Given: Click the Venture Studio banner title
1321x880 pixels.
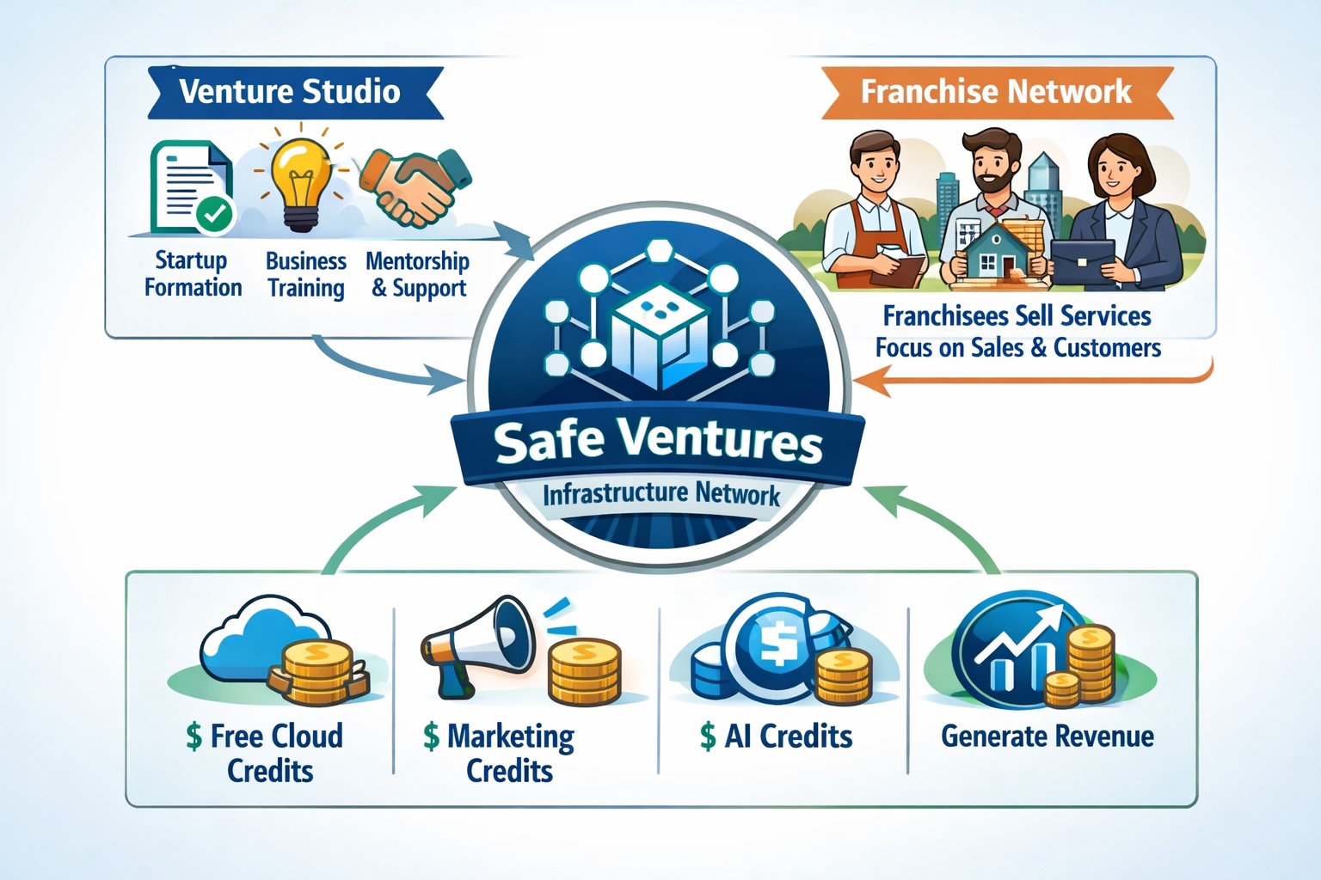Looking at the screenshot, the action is click(290, 91).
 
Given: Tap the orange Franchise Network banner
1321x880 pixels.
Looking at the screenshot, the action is click(997, 93).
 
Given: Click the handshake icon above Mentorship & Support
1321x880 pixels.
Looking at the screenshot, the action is click(415, 188).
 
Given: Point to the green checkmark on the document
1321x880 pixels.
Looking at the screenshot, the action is click(213, 215).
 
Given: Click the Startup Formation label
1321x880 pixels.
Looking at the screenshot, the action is click(193, 273).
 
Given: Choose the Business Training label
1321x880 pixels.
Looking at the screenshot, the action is click(306, 274).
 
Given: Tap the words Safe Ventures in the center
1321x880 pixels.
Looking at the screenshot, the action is click(658, 443).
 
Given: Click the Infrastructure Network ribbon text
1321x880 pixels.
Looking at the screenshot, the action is click(661, 494).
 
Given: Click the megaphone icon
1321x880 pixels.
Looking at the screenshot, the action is click(477, 645).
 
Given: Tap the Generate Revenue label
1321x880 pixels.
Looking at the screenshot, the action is click(1048, 736).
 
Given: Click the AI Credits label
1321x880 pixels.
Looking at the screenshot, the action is click(777, 736).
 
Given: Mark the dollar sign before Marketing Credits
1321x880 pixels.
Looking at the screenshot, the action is click(431, 736).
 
